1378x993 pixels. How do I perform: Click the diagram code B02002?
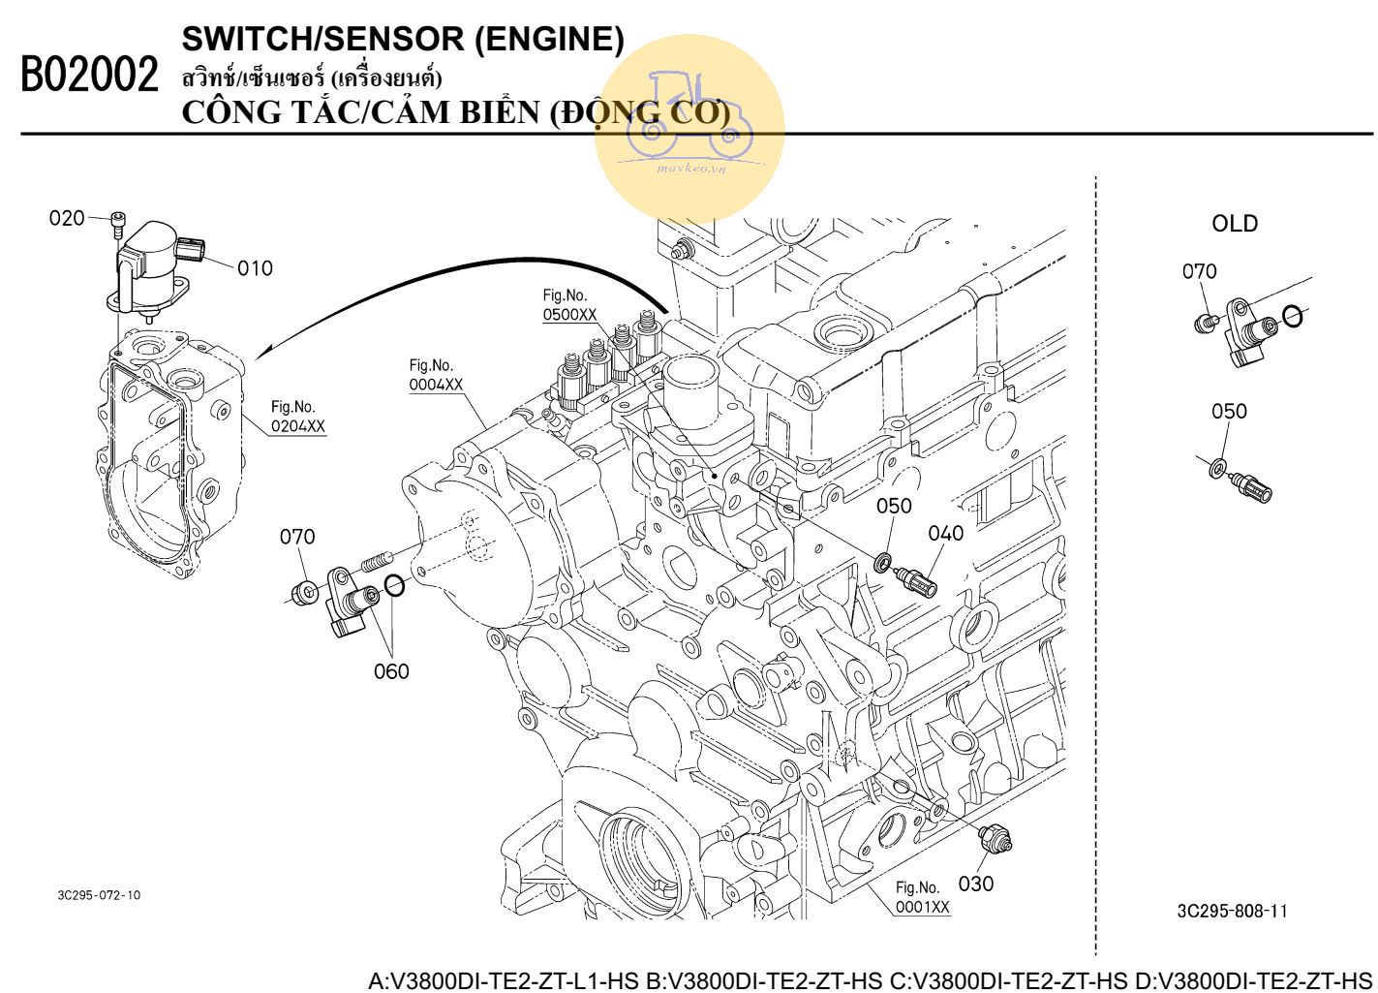point(89,76)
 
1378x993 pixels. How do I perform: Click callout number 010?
point(255,268)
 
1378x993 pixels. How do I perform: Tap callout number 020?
point(67,219)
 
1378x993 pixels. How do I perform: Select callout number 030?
point(975,884)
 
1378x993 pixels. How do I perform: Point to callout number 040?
point(945,534)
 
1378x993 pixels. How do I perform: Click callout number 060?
point(391,671)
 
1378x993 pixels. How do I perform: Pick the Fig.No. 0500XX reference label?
point(569,305)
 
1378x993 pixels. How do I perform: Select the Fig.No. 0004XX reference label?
point(436,375)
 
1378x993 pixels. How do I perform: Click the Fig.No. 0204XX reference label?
point(297,417)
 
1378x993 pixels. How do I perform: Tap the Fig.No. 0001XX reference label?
point(922,898)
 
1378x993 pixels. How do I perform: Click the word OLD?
point(1235,224)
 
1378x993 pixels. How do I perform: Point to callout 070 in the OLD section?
point(1199,272)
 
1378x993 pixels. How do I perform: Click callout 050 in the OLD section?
point(1229,412)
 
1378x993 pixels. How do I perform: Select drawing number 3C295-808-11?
point(1232,911)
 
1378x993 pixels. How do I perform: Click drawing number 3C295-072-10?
point(99,895)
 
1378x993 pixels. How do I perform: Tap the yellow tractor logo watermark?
point(689,126)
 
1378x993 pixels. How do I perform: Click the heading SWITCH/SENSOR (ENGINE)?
point(403,39)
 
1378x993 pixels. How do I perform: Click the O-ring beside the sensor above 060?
point(394,584)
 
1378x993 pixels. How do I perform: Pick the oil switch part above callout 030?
point(996,839)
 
